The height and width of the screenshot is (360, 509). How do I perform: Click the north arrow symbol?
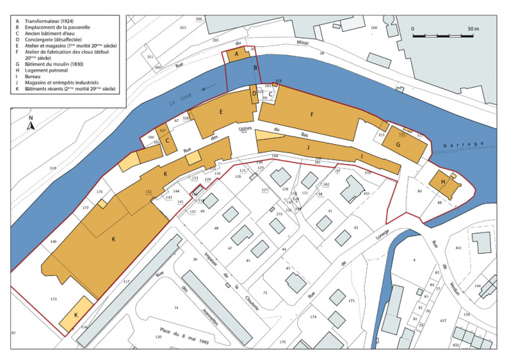coord(31,123)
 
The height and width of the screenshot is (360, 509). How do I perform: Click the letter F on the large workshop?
coord(312,114)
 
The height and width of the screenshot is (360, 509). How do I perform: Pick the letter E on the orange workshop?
coord(220,112)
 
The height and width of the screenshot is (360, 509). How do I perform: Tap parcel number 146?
coord(52,242)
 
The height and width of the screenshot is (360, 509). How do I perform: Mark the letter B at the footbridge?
coord(255,68)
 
